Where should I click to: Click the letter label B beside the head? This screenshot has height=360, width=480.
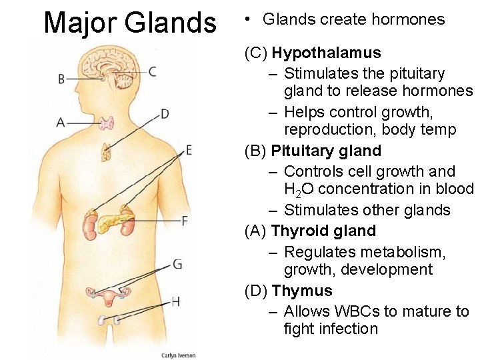(61, 79)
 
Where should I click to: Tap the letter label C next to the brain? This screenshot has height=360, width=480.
(153, 71)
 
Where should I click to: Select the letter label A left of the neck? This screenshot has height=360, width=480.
(61, 122)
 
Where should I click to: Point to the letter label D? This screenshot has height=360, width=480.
(165, 114)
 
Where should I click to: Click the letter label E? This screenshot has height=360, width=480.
(189, 150)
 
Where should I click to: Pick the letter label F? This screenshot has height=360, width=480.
(185, 220)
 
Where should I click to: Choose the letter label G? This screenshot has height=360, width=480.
(177, 265)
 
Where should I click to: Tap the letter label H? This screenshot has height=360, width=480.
(175, 301)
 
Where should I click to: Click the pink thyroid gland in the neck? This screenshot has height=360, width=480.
(107, 123)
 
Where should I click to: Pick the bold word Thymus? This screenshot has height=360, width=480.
(302, 291)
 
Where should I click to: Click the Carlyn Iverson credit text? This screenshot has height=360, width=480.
(179, 355)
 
